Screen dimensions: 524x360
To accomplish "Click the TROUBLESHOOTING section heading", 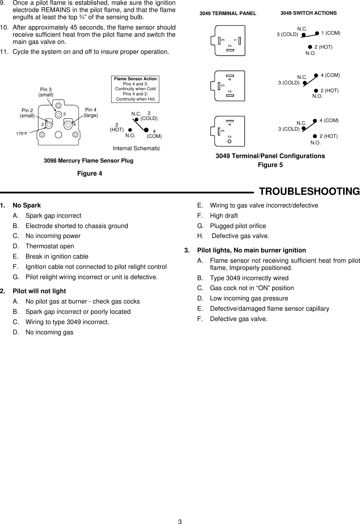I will click(x=309, y=191).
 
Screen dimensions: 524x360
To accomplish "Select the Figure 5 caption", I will click(x=270, y=165).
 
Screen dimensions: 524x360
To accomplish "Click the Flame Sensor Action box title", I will click(x=136, y=79).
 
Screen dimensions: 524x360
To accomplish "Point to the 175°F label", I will click(x=22, y=133).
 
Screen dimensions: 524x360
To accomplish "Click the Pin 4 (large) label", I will click(x=91, y=112).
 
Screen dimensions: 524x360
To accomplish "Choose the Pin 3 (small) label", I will click(x=46, y=92).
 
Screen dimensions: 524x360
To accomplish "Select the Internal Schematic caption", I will click(x=137, y=148).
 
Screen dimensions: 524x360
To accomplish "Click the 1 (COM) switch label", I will click(x=330, y=33).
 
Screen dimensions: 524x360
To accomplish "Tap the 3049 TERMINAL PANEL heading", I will click(x=228, y=14).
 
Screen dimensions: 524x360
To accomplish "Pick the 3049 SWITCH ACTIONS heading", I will click(x=309, y=13).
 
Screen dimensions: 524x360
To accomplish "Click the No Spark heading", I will click(x=27, y=205).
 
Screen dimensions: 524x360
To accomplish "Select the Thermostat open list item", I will click(x=50, y=246).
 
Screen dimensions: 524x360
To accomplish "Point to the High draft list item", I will click(x=224, y=216).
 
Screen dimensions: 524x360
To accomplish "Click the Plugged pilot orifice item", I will click(x=238, y=226).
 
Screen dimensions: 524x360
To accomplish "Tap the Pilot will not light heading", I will click(x=39, y=291).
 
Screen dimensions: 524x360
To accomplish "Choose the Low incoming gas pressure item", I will click(x=249, y=298).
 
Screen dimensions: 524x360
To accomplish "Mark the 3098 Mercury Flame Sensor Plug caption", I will click(x=89, y=160).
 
